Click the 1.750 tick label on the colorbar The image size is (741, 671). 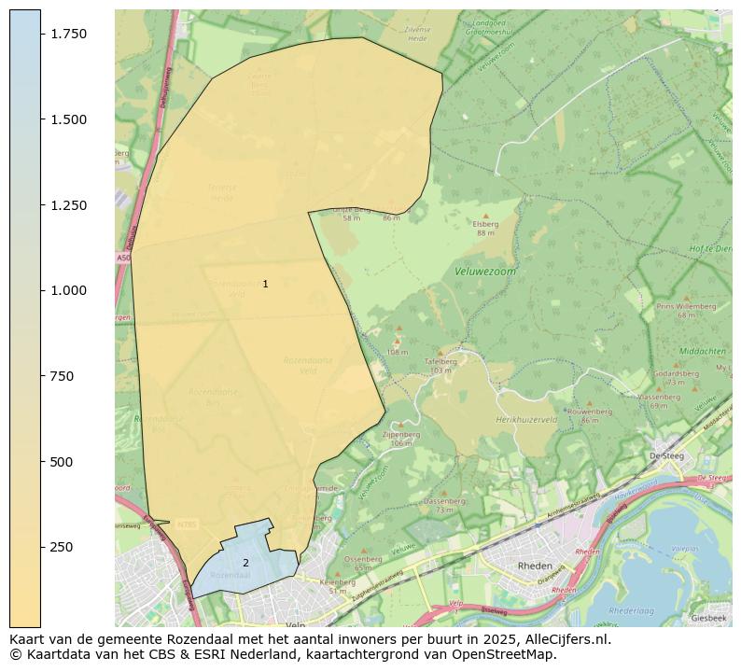point(69,34)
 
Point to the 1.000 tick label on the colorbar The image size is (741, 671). point(69,290)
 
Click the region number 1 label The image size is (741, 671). point(265,284)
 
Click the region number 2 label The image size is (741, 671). point(245,563)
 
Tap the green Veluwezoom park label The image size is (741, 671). point(485,272)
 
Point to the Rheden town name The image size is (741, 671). point(535,566)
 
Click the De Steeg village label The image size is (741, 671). point(666,456)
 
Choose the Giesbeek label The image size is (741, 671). point(708,618)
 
